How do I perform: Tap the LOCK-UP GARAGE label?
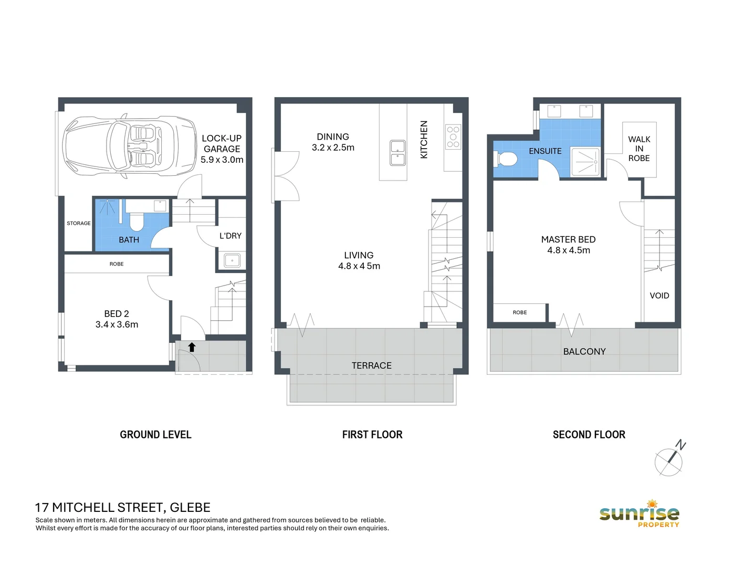[x=222, y=143]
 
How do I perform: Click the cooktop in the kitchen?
[x=453, y=136]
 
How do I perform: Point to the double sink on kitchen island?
[x=397, y=152]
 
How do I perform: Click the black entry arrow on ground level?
[x=192, y=347]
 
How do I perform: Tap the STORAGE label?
[x=79, y=223]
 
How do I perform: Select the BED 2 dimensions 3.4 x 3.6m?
[x=117, y=324]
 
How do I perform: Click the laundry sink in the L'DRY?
[x=231, y=260]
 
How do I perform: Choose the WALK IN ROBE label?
[x=639, y=149]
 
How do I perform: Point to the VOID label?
[x=659, y=296]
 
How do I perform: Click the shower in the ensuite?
[x=585, y=162]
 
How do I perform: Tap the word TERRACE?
[x=371, y=365]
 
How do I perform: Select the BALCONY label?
[x=584, y=352]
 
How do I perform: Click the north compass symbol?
[x=669, y=460]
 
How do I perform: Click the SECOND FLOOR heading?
[x=589, y=435]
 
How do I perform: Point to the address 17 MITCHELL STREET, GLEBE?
[x=122, y=508]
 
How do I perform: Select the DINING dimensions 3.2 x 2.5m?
[x=333, y=148]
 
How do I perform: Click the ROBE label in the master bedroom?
[x=519, y=312]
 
